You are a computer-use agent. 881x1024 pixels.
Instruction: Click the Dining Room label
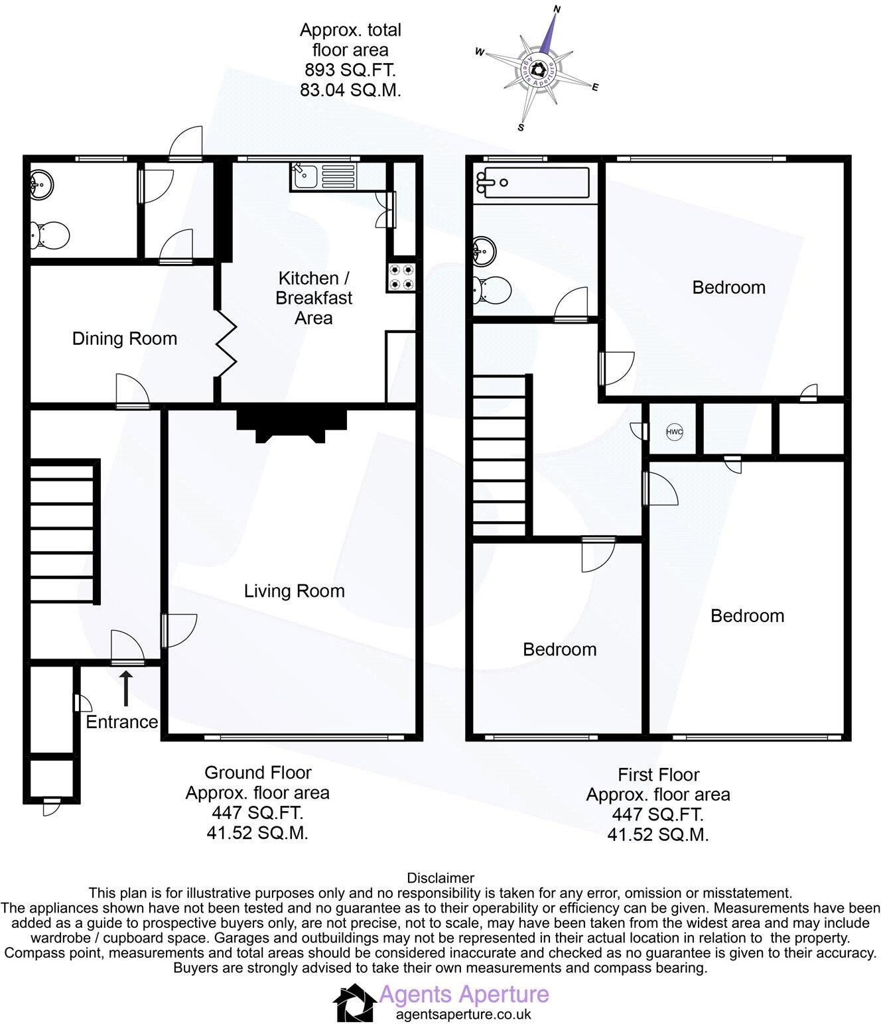[125, 339]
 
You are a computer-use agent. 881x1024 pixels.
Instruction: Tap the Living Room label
[294, 591]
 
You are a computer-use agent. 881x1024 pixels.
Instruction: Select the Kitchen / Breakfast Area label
[314, 298]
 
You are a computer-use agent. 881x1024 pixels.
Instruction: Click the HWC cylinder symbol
[674, 432]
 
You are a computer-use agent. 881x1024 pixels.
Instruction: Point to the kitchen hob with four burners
[401, 277]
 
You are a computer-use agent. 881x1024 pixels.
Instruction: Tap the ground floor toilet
[50, 234]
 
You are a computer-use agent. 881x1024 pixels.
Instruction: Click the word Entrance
[122, 722]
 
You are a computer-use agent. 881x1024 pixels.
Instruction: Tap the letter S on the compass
[521, 127]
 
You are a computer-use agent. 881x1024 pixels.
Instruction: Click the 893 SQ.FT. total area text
[350, 70]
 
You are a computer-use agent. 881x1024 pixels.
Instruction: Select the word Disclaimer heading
[440, 879]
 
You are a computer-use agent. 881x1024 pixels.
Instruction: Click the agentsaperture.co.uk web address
[463, 1014]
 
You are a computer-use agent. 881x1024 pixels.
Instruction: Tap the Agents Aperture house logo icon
[354, 1002]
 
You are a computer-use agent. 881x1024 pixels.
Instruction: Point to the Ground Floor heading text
[257, 773]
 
